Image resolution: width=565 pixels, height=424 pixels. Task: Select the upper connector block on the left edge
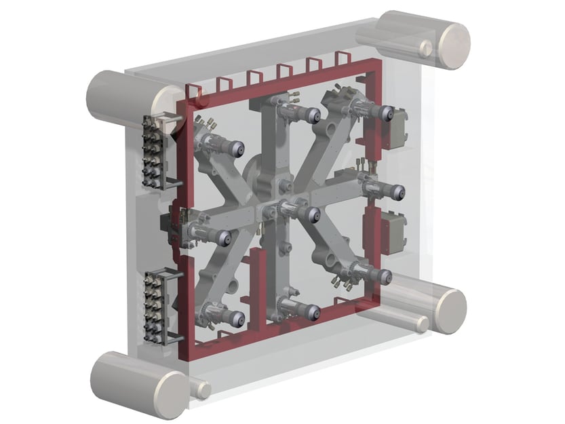[153, 152]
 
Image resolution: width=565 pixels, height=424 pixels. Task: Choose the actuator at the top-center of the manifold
[299, 110]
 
